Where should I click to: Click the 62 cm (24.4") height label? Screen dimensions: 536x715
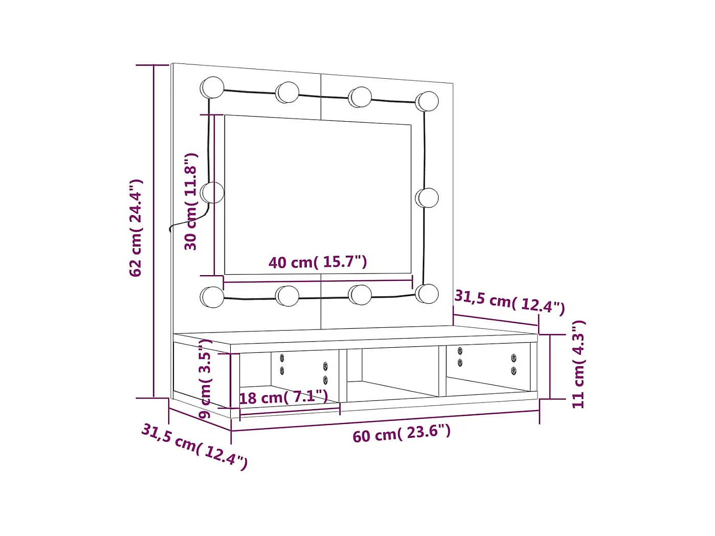136,228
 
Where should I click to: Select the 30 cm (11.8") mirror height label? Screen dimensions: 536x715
191,201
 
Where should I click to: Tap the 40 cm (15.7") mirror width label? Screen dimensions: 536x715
318,262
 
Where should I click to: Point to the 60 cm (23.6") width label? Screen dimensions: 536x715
401,433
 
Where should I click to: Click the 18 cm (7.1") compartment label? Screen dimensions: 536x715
283,397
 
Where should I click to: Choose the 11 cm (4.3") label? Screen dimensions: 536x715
578,364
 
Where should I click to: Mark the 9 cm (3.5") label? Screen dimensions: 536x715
206,378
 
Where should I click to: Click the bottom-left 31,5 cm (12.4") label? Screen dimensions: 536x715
194,446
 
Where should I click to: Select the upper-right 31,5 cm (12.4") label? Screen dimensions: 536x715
509,302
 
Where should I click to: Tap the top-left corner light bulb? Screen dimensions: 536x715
212,87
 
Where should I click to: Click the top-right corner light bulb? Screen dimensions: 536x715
427,101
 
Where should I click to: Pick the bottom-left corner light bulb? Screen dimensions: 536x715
212,297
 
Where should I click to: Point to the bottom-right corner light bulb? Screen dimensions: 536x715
427,294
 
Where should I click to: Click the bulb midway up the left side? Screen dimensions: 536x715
212,193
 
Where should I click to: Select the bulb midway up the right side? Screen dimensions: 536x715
427,198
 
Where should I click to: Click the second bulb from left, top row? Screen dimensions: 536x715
288,93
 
